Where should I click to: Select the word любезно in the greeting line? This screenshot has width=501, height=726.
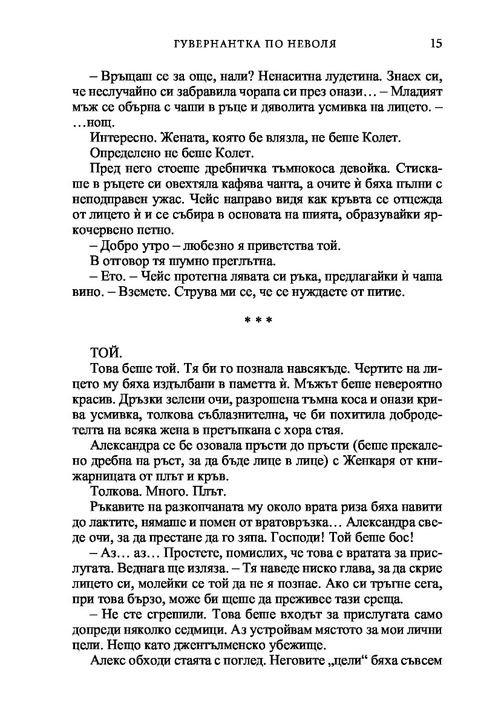pos(205,247)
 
